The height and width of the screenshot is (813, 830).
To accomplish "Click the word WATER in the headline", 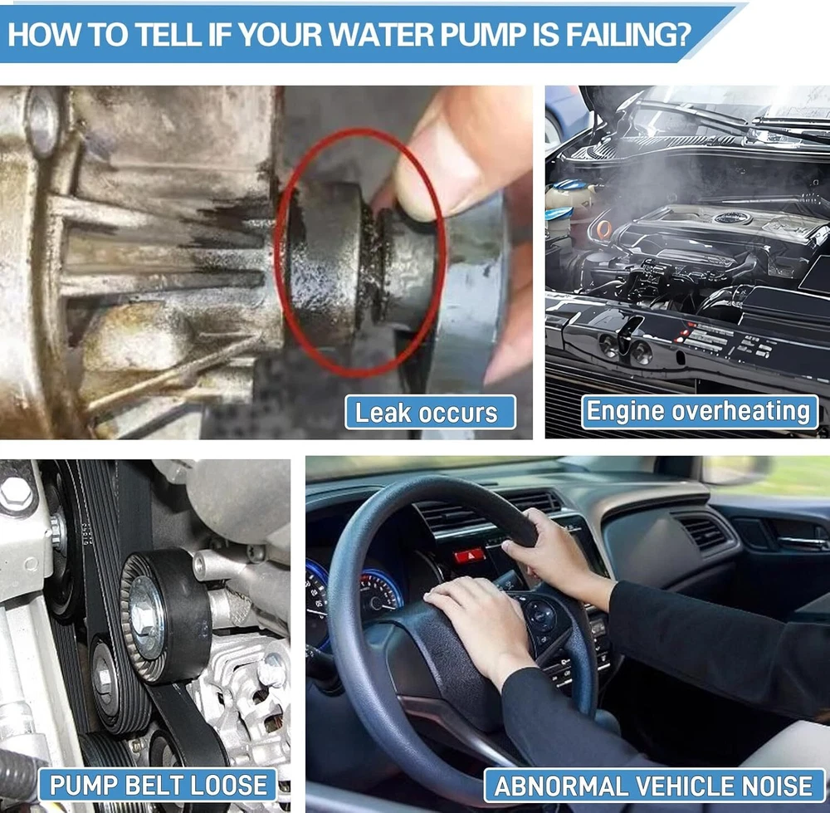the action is pos(381,34).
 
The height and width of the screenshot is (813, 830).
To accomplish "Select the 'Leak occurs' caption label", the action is pos(430,413).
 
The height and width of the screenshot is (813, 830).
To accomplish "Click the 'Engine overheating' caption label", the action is pos(699,412).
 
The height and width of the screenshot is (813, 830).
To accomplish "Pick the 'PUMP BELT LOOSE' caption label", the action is pos(158,785).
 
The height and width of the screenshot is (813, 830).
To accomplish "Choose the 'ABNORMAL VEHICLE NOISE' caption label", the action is pos(654,786).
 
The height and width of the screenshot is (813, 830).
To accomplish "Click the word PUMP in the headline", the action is pos(483,34).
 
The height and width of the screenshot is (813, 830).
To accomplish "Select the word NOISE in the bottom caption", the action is pos(779,786).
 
